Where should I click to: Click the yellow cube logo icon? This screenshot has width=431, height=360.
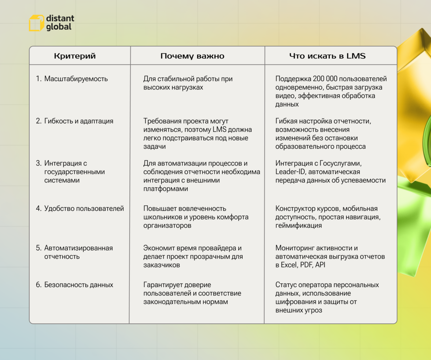36,23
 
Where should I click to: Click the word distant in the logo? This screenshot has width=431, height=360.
60,18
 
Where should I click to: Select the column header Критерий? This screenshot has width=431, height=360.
75,56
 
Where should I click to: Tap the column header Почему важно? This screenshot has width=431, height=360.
192,56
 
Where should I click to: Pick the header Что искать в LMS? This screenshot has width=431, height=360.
327,56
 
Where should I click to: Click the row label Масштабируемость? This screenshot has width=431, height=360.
76,79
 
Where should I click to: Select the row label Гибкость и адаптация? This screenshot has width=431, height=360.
78,121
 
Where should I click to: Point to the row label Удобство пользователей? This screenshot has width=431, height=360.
84,209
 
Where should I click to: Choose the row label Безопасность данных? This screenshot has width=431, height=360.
78,285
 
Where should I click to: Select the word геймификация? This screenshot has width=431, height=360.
299,225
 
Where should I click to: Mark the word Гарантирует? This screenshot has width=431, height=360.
162,285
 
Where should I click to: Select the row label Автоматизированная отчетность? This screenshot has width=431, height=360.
78,252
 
